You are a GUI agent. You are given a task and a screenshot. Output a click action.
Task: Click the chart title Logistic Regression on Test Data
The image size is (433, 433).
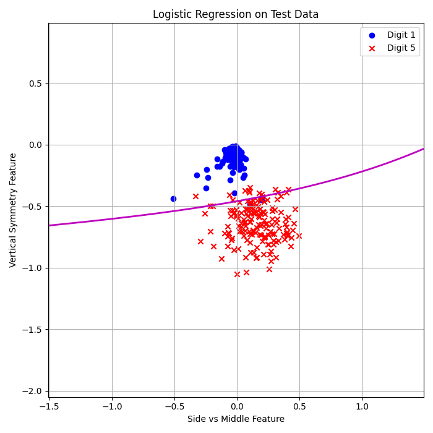click(x=236, y=14)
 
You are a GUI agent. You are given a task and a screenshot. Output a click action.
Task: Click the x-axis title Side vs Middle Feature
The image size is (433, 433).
click(x=236, y=419)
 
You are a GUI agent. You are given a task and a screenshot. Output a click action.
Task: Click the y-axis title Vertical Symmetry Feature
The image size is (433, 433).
click(x=13, y=210)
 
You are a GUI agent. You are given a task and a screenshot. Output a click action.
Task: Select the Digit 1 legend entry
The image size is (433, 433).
click(x=390, y=35)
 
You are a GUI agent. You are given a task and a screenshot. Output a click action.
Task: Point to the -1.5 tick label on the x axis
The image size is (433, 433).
click(x=49, y=406)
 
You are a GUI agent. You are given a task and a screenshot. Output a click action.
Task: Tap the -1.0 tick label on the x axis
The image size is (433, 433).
click(x=111, y=406)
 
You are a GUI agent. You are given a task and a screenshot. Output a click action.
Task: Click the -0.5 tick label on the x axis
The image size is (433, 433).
click(x=174, y=406)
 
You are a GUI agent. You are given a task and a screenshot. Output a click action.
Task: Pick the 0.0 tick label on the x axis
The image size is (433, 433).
click(x=236, y=406)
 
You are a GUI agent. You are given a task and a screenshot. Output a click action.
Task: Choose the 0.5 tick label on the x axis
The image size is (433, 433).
click(x=299, y=406)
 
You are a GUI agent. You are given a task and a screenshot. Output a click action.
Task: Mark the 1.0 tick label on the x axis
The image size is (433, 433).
click(x=362, y=406)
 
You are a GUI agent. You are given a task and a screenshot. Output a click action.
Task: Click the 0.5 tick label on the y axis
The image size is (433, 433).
click(x=36, y=84)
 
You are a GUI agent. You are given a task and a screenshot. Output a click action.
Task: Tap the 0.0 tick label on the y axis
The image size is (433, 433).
click(x=36, y=145)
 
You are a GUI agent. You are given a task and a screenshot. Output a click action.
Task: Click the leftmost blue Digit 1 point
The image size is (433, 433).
click(x=173, y=199)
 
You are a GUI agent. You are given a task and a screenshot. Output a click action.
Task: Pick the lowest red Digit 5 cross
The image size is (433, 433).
click(x=237, y=274)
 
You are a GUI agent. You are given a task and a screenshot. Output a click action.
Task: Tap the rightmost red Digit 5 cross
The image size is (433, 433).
click(x=299, y=236)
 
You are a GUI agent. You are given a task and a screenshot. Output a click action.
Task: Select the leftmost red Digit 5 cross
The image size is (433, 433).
click(x=195, y=196)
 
